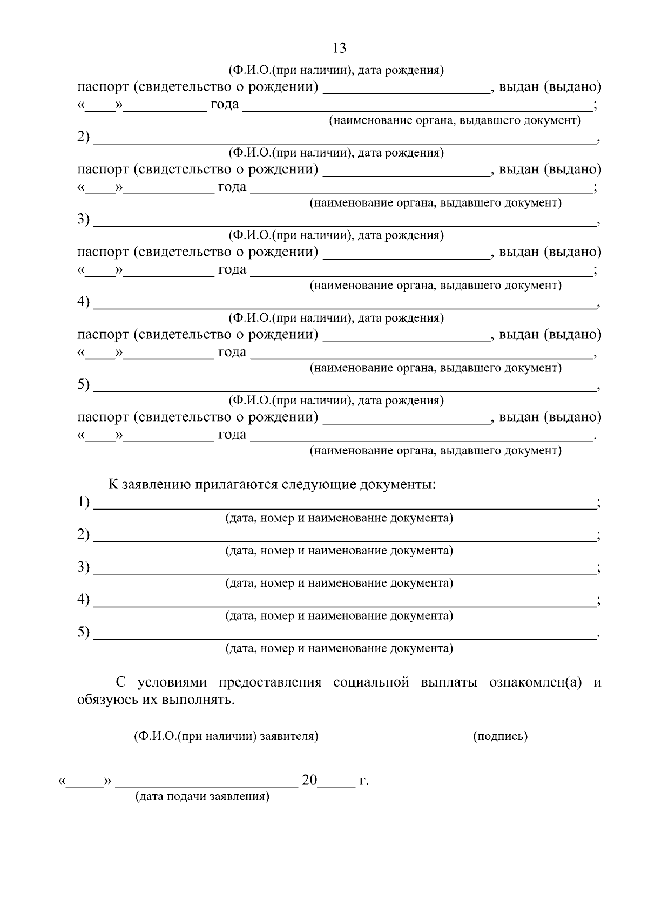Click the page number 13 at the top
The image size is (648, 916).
(x=340, y=48)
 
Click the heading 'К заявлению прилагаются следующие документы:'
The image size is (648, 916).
(x=272, y=484)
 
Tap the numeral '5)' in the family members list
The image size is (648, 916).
(x=83, y=384)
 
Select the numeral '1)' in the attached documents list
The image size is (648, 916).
(x=83, y=502)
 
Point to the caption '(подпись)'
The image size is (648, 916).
(x=500, y=736)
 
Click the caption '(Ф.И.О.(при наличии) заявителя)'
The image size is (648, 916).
(x=226, y=736)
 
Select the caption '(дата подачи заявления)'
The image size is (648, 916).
(x=202, y=797)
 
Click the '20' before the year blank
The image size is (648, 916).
(x=309, y=780)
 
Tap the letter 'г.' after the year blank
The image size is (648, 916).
(x=364, y=781)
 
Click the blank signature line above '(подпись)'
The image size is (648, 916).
(x=500, y=724)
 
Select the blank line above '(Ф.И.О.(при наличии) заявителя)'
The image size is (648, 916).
(x=226, y=724)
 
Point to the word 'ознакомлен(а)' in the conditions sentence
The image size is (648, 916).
(x=535, y=682)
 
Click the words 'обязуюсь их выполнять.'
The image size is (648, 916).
(x=156, y=701)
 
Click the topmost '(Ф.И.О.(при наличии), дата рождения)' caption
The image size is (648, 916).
(x=336, y=70)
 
